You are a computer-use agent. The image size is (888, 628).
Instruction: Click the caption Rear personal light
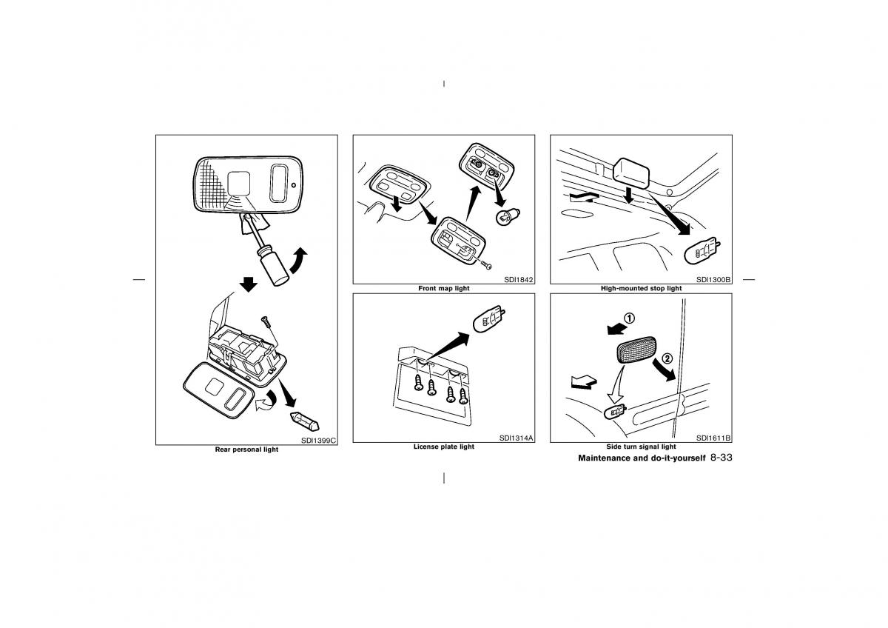[246, 450]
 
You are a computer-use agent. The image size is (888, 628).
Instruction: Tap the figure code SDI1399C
[318, 441]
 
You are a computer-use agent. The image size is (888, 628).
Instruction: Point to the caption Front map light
[443, 288]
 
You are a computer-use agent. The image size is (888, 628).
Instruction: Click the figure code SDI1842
[519, 280]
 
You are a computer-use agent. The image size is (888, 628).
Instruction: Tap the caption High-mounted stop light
[641, 288]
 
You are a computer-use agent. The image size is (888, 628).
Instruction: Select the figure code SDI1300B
[713, 280]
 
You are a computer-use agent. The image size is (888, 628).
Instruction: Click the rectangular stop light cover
[631, 173]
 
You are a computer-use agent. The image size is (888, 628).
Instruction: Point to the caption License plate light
[443, 447]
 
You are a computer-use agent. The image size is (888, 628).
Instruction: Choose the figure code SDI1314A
[517, 438]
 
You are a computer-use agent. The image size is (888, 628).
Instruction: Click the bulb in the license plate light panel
[489, 318]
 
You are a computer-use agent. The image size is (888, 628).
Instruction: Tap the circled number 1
[630, 318]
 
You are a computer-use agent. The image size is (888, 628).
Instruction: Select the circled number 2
[667, 358]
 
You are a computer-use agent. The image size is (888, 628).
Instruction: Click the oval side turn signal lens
[636, 350]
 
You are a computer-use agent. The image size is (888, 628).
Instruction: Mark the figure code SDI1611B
[713, 438]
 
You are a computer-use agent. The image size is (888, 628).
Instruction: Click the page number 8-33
[721, 458]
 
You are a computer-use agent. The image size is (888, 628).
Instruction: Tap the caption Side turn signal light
[641, 447]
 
